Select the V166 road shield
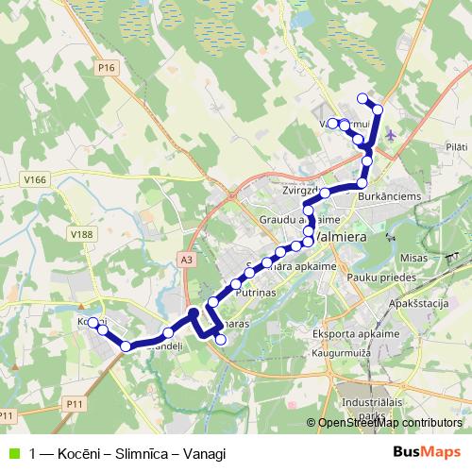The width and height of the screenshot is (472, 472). [x=37, y=179]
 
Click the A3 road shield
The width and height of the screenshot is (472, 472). [x=185, y=257]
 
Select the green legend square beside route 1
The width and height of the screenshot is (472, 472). [x=13, y=453]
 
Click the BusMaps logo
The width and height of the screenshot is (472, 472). [x=430, y=452]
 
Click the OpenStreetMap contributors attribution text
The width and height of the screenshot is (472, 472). [x=389, y=423]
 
